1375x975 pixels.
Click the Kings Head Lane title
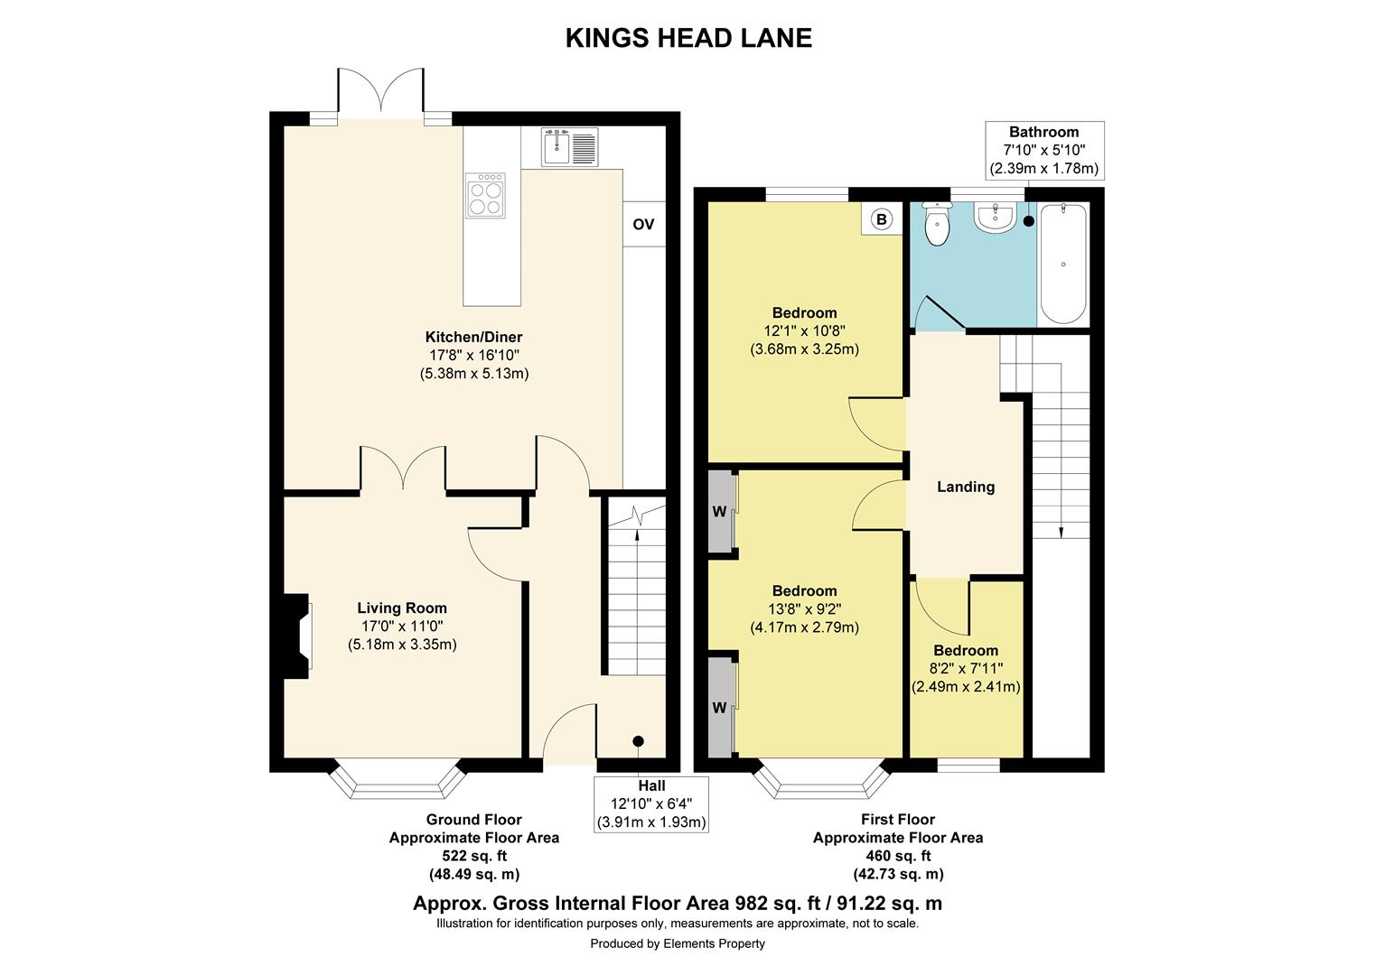pyautogui.click(x=688, y=38)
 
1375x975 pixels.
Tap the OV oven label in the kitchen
pyautogui.click(x=643, y=224)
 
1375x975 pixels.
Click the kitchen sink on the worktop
pyautogui.click(x=570, y=147)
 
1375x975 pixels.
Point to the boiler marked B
pyautogui.click(x=881, y=219)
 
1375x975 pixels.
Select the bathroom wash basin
pyautogui.click(x=995, y=217)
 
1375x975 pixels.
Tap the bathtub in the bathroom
pyautogui.click(x=1063, y=264)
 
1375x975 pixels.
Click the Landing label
pyautogui.click(x=965, y=487)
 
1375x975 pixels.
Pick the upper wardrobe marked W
pyautogui.click(x=720, y=512)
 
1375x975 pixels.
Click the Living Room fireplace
pyautogui.click(x=297, y=636)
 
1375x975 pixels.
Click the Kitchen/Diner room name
pyautogui.click(x=474, y=338)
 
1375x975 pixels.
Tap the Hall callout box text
pyautogui.click(x=650, y=803)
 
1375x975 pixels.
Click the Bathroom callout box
pyautogui.click(x=1043, y=150)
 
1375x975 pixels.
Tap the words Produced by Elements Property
pyautogui.click(x=678, y=943)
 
